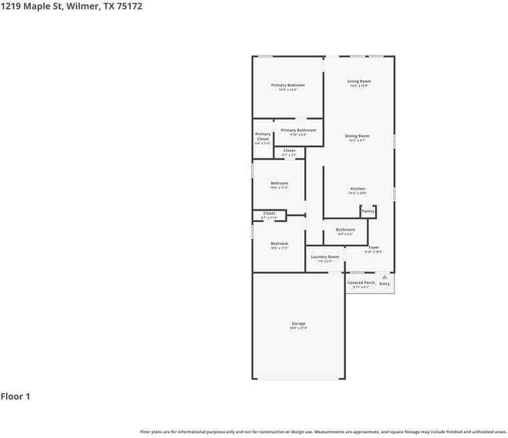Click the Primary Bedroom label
click(x=287, y=86)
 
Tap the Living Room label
click(x=359, y=82)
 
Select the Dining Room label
click(x=358, y=136)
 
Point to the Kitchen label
click(x=358, y=189)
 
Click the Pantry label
click(x=368, y=211)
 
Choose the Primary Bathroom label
click(x=298, y=130)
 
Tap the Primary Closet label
click(x=263, y=136)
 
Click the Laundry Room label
click(x=325, y=257)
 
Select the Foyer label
click(x=374, y=247)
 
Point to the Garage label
click(x=298, y=324)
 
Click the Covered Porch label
click(x=361, y=283)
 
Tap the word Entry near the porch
click(x=384, y=284)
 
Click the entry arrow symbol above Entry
click(x=384, y=277)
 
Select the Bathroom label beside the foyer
click(x=346, y=230)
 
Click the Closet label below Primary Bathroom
click(x=289, y=150)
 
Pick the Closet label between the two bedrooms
click(x=269, y=213)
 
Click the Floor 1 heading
click(x=15, y=397)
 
